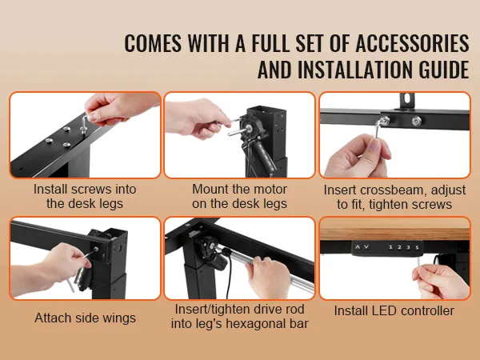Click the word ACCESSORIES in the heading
412,43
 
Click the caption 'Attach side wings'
85,318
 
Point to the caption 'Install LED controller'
394,310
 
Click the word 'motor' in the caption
270,189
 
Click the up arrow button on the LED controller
358,246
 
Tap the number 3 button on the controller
408,247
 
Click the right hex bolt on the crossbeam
416,121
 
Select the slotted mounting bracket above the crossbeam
407,100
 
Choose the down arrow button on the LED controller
366,246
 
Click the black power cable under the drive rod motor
228,275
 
